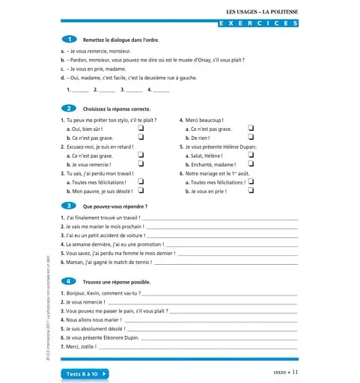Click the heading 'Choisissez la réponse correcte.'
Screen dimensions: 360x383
[x=120, y=108]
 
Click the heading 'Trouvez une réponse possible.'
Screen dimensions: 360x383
[x=118, y=281]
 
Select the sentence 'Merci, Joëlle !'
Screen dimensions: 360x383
[x=82, y=347]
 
